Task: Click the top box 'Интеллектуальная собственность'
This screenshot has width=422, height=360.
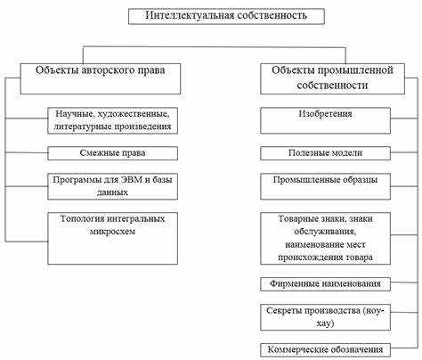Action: click(x=226, y=16)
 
